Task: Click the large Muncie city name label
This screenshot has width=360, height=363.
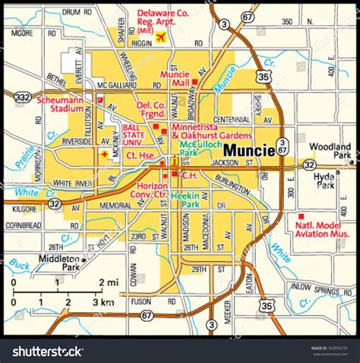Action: tap(248, 150)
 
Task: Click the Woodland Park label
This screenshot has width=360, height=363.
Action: tap(332, 150)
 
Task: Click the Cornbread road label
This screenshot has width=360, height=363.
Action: tap(24, 226)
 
